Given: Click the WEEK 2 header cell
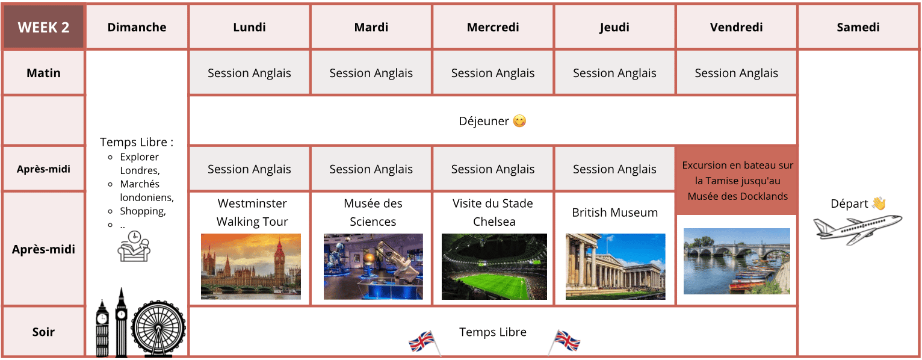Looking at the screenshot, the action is tap(43, 27).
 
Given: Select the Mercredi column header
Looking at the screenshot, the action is tap(493, 27).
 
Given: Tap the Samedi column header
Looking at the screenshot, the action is tap(858, 27).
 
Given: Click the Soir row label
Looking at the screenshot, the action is tap(43, 332).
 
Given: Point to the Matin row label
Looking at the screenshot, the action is tap(43, 73).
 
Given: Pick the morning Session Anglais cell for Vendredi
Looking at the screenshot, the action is tap(737, 73).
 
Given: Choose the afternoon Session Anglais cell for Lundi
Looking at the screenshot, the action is tap(249, 169).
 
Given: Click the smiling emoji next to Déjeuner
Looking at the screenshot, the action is tap(519, 121).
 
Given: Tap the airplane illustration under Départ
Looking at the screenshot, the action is tap(857, 229).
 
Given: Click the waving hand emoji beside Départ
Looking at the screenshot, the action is tap(879, 203).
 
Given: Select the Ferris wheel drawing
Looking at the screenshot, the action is tap(158, 329).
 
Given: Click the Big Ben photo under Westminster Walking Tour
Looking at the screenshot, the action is tap(251, 267).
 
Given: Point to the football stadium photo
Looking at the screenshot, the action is tap(494, 267).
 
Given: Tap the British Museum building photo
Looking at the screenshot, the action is tap(615, 267).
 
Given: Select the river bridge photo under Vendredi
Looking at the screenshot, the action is tap(737, 261).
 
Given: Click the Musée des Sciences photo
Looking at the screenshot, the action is tap(373, 267).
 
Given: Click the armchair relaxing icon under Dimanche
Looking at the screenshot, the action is tap(134, 246).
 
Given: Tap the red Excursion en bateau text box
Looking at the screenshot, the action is tap(737, 181).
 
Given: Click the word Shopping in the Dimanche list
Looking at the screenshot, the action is tap(143, 211).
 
